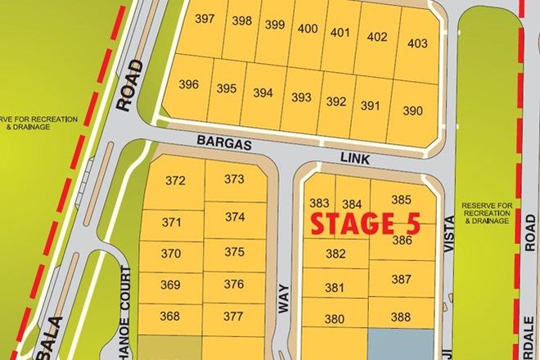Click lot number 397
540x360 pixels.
pos(205,19)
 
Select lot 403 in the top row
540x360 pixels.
pos(416,43)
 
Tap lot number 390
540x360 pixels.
pos(412,110)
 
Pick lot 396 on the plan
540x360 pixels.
pos(188,84)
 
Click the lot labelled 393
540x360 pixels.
pos(301,97)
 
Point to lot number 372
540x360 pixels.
pos(175,180)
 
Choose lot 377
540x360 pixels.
pos(233,317)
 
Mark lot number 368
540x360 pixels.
pos(170,317)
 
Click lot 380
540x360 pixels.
pos(335,319)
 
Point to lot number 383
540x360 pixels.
pos(319,203)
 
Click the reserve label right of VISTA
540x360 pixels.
pos(486,213)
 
